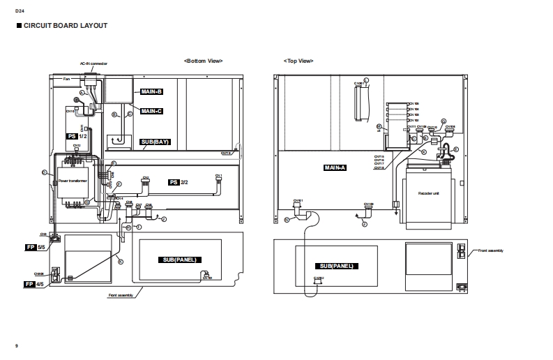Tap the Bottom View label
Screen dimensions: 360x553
point(203,61)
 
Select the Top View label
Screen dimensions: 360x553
point(298,61)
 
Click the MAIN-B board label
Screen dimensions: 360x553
point(151,91)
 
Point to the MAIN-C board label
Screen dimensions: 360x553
point(151,111)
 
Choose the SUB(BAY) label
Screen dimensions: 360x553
point(155,142)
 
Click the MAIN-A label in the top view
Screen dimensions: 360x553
point(335,168)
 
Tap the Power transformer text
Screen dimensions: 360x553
point(73,180)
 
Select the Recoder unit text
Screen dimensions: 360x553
point(428,193)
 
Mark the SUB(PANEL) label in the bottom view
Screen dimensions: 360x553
point(179,260)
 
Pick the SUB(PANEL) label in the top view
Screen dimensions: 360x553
point(338,267)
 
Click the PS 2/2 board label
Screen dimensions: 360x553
point(179,182)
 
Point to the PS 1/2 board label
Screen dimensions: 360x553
point(76,136)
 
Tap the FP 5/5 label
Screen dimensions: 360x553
point(34,247)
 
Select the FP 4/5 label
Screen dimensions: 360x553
point(34,284)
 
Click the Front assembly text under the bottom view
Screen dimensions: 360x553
point(121,296)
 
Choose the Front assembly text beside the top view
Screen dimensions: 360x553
point(490,250)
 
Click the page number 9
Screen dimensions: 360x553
point(17,346)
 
